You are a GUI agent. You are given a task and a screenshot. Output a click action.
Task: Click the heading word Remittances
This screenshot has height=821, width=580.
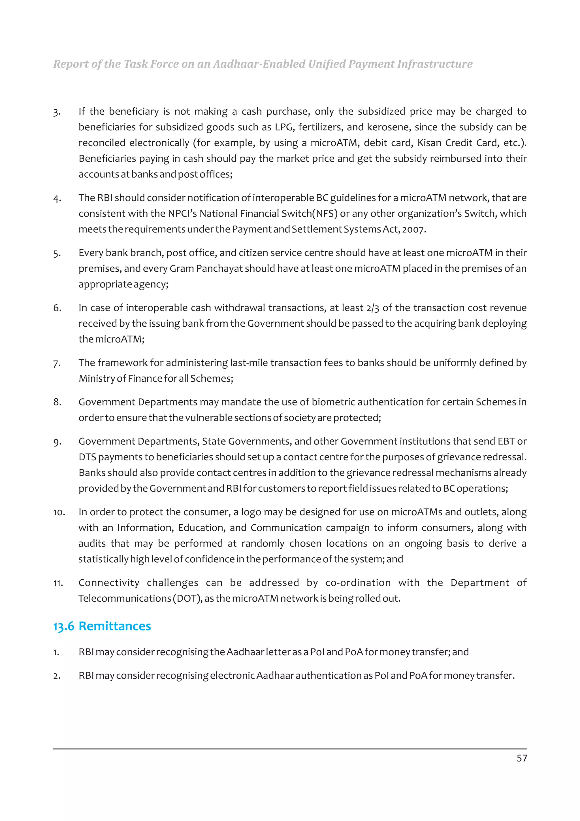point(115,626)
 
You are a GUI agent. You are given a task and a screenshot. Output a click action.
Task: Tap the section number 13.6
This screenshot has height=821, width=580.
point(64,626)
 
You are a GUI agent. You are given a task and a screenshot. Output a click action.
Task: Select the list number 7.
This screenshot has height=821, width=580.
point(57,363)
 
